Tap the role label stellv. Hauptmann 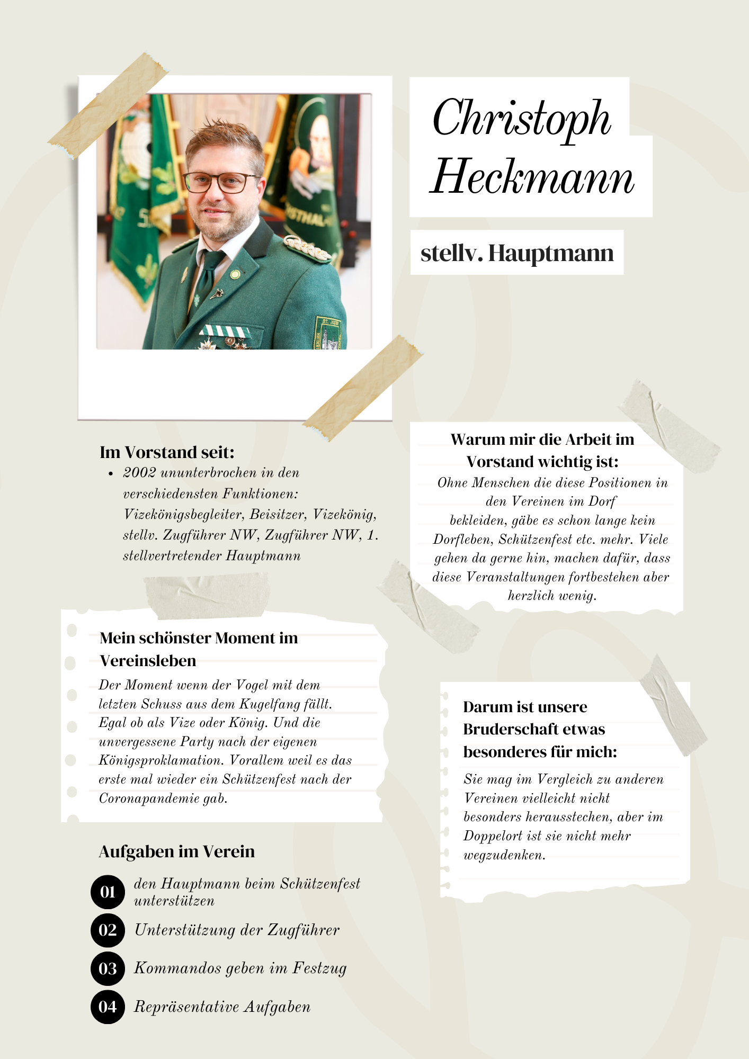coord(517,253)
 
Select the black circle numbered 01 coord(108,892)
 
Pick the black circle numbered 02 coord(108,930)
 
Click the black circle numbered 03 coord(108,968)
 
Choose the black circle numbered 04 coord(108,1007)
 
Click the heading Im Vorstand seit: coord(167,452)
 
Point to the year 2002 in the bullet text coord(138,473)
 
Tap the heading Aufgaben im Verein coord(176,851)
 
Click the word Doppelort coord(495,836)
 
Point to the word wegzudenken coord(504,855)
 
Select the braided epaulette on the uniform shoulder coord(307,248)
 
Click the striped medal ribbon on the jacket coord(225,331)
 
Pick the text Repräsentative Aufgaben coord(222,1007)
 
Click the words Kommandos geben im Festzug coord(240,968)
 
